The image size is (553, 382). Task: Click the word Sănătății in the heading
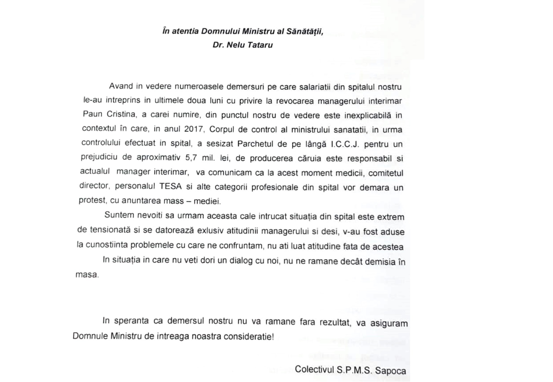point(304,31)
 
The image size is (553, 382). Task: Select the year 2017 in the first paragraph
point(194,129)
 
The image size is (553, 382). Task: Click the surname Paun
point(92,114)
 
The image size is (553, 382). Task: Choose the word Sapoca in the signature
point(390,370)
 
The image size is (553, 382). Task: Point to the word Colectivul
point(314,369)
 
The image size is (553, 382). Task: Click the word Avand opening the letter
point(121,86)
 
